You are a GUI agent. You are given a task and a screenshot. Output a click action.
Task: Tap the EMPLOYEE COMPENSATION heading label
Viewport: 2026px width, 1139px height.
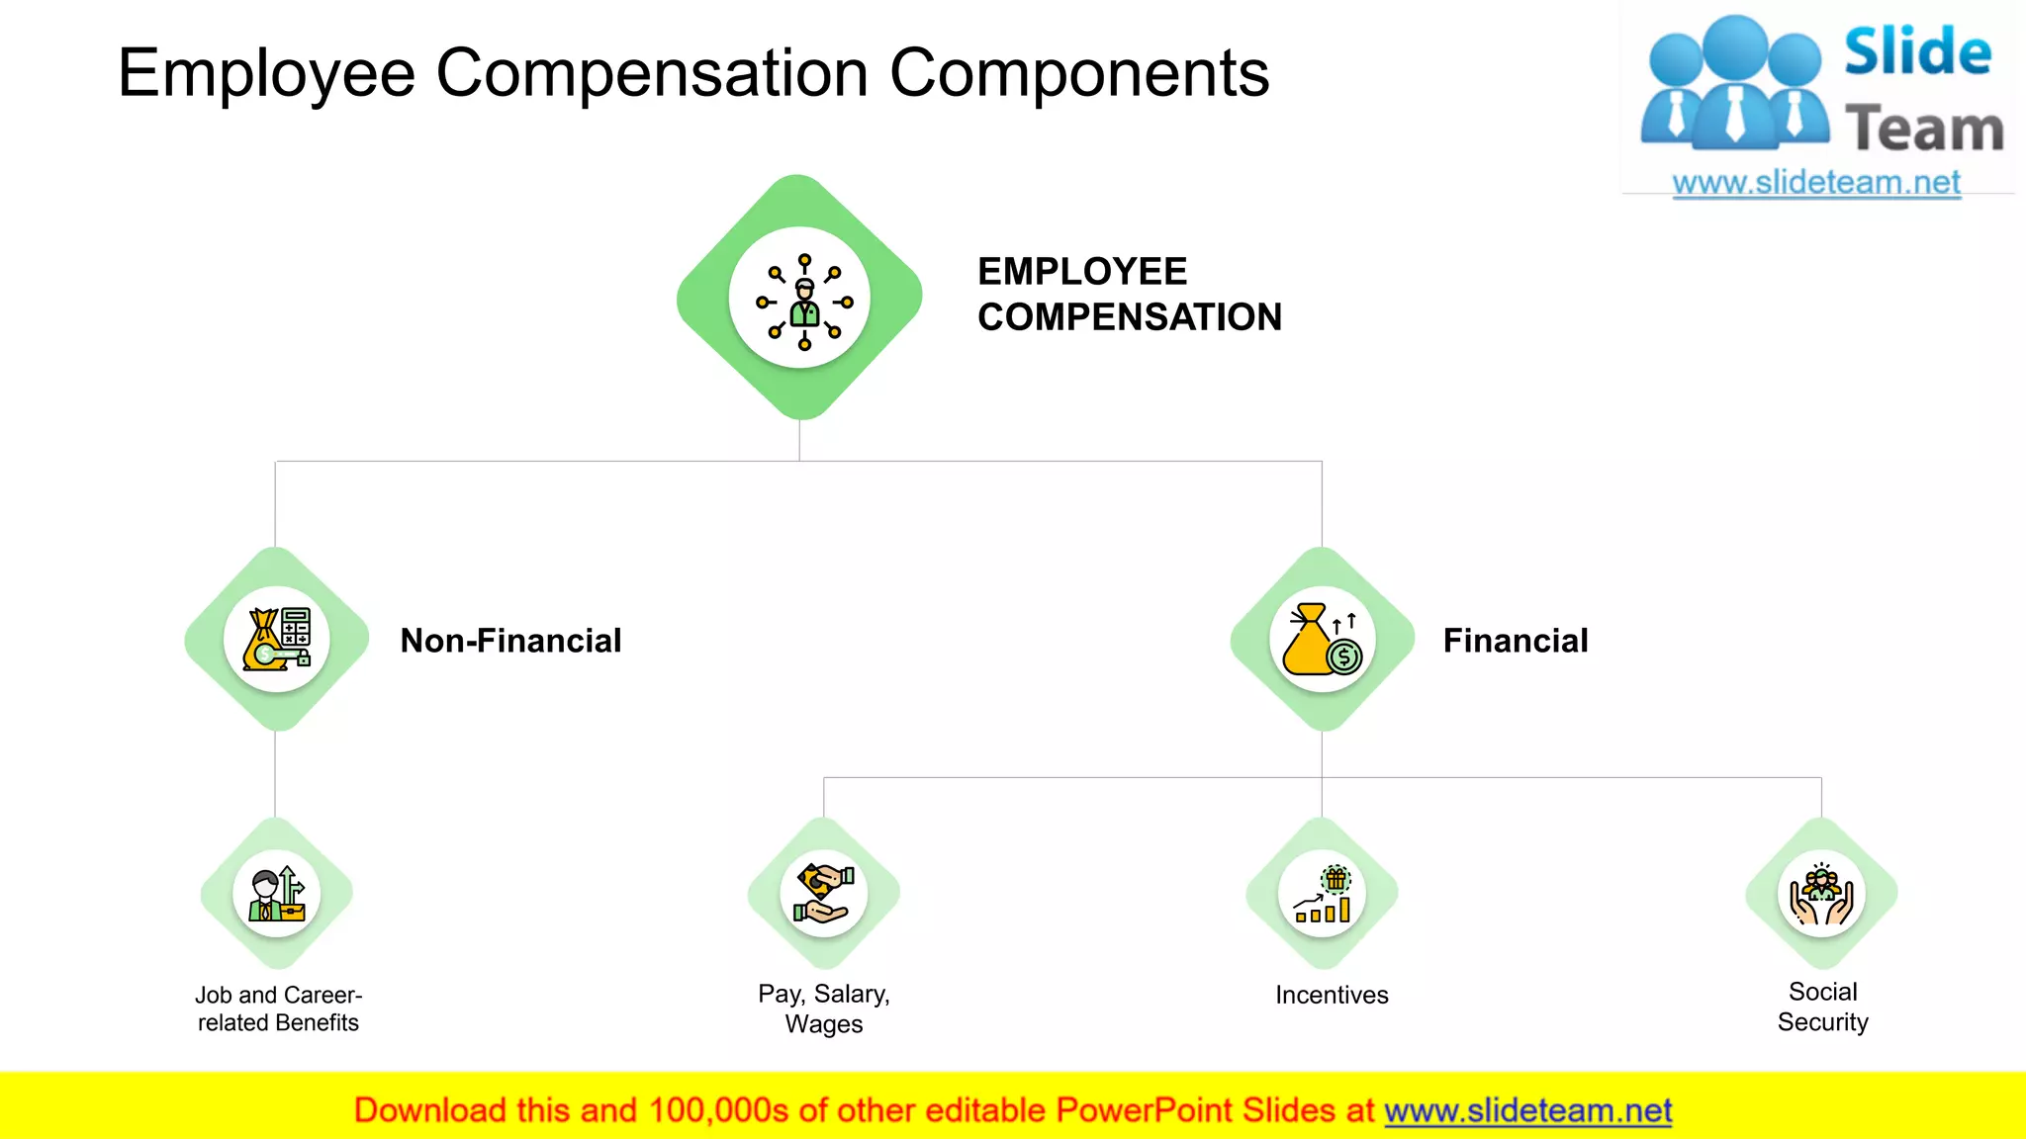click(1129, 295)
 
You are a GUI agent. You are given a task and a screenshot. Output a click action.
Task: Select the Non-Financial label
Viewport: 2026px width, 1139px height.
click(510, 641)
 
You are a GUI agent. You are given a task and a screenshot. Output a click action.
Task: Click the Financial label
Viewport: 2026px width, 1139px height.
click(1515, 641)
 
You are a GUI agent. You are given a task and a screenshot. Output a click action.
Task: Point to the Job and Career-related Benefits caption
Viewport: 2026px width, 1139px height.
click(278, 1008)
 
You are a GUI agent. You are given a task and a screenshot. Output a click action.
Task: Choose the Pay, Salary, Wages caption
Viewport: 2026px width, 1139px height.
click(824, 1008)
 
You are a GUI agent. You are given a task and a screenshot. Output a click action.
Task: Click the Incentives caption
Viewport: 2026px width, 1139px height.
click(1332, 995)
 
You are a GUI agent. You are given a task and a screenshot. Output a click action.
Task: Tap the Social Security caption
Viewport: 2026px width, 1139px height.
click(1822, 1007)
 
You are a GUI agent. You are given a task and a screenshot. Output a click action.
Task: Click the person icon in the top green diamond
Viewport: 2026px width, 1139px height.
click(803, 301)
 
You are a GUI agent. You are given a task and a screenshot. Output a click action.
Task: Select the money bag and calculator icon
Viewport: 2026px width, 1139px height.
click(277, 640)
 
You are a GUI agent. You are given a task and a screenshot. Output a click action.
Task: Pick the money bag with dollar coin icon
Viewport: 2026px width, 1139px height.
click(1322, 640)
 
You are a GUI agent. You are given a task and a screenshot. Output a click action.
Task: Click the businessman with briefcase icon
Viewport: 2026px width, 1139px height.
click(277, 894)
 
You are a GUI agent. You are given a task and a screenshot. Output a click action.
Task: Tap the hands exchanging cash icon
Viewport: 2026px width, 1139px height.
click(824, 894)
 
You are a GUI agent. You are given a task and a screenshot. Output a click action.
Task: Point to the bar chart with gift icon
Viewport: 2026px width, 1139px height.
click(1323, 894)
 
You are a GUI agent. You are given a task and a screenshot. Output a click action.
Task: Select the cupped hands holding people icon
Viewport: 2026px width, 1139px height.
click(1821, 894)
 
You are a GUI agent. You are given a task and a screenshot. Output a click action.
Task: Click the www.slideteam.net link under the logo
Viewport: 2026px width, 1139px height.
click(1816, 183)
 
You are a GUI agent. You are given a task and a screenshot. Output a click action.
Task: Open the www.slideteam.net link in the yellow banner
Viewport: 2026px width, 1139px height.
click(1527, 1110)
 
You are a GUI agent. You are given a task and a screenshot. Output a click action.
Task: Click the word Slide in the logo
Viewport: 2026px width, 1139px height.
click(1917, 51)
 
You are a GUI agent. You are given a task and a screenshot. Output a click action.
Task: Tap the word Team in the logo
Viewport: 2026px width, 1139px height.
click(1924, 130)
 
